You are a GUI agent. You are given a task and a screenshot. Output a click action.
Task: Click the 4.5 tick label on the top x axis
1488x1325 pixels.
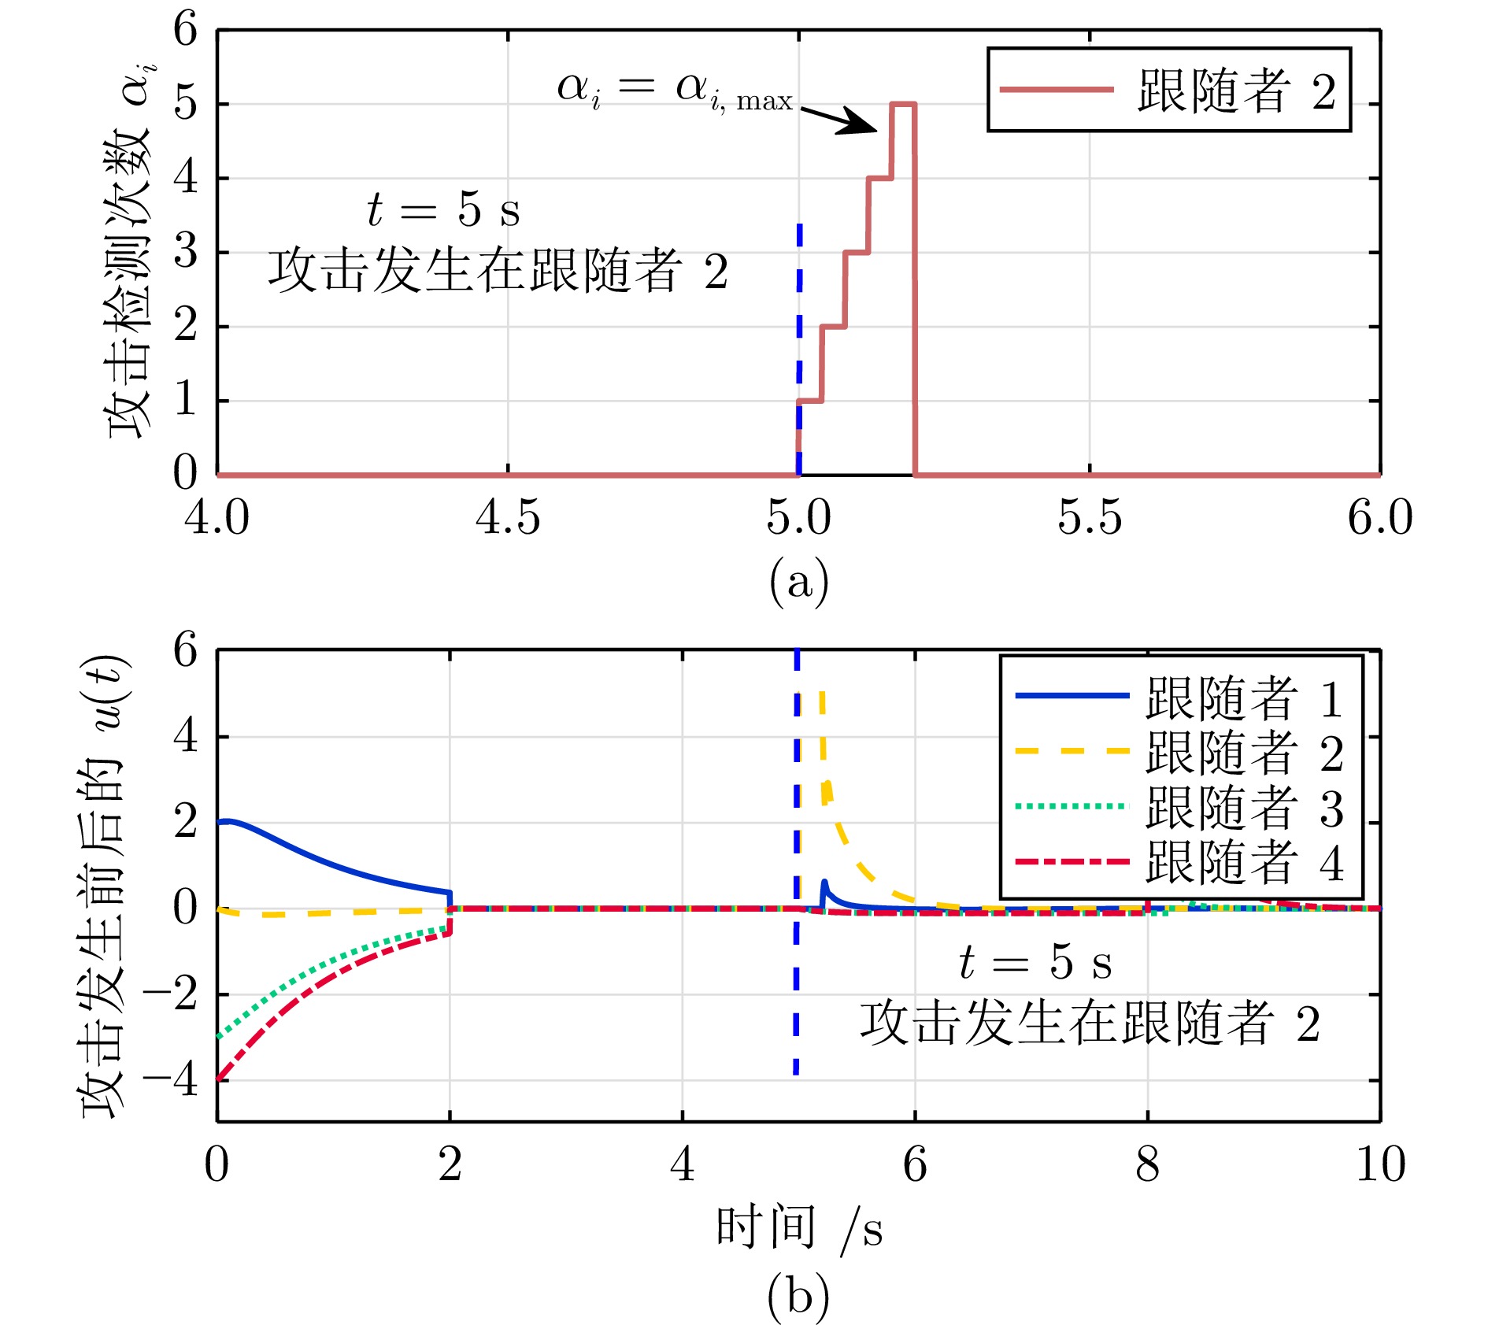click(508, 518)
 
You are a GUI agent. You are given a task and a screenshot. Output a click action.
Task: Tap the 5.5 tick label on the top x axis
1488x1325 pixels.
click(1089, 518)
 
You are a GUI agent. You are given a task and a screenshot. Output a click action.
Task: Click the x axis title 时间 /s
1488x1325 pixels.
click(798, 1229)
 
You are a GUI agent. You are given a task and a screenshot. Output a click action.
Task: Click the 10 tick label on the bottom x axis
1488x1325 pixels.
click(1380, 1164)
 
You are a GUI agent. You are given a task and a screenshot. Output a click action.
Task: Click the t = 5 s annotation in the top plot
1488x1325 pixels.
click(443, 210)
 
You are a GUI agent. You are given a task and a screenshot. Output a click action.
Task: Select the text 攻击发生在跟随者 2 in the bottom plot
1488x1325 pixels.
click(1090, 1023)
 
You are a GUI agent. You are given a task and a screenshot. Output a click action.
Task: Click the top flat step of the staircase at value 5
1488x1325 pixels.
click(902, 104)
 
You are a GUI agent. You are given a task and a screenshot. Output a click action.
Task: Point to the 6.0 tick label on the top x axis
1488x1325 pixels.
click(1379, 518)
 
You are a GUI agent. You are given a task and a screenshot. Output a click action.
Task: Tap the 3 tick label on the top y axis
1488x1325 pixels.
click(186, 253)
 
